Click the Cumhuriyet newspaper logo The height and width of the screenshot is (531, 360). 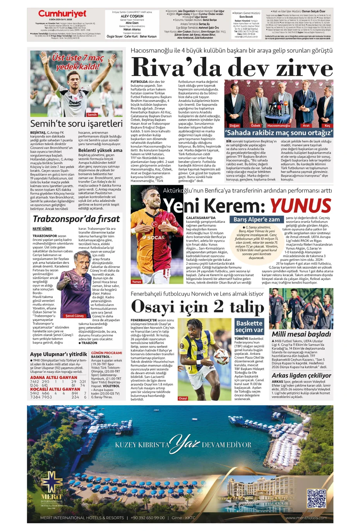point(62,14)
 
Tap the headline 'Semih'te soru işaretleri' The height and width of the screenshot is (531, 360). point(76,124)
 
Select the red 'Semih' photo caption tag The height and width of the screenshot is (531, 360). point(92,115)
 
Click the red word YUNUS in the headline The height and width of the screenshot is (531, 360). point(300,205)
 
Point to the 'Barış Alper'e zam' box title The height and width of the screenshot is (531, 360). point(256,219)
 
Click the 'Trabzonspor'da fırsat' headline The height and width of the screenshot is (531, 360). point(76,219)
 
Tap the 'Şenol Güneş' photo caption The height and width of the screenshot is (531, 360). point(74,316)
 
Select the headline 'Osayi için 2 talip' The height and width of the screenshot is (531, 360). point(197,307)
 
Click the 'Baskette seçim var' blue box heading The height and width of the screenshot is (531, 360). point(249,327)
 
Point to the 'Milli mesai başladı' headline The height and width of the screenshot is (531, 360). point(301,334)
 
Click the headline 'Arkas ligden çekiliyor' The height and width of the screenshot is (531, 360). point(301,375)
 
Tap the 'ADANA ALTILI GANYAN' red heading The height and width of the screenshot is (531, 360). point(53,377)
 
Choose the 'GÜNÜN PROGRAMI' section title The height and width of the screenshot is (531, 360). point(106,353)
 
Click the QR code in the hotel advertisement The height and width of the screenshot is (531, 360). point(316,499)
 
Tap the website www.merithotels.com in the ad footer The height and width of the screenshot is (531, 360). point(306,518)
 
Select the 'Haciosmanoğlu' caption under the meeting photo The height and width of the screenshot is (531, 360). point(278,125)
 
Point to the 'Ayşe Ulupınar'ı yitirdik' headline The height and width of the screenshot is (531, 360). point(58,354)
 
